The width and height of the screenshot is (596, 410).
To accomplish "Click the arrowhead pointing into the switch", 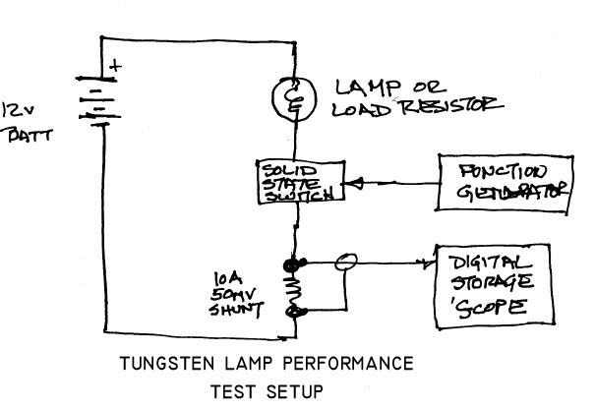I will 356,182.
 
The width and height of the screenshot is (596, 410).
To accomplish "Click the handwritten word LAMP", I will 370,87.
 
